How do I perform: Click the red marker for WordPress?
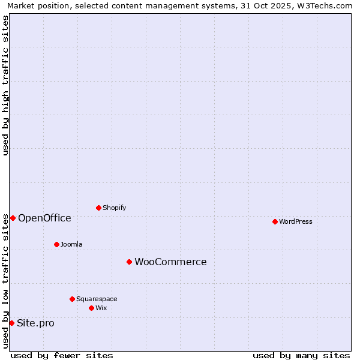(275, 221)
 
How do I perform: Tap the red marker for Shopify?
(98, 208)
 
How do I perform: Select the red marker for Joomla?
(56, 244)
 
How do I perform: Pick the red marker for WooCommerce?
(129, 262)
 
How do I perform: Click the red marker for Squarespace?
(72, 299)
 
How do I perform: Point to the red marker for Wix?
(91, 308)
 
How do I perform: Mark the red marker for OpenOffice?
(13, 218)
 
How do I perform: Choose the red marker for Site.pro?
(11, 323)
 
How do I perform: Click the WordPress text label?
(296, 221)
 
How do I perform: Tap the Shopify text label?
(114, 208)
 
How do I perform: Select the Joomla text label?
(71, 244)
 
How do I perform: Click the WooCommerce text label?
(170, 262)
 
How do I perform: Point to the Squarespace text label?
(97, 299)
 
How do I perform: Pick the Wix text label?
(101, 308)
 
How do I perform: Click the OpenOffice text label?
(44, 218)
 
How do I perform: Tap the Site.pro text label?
(35, 323)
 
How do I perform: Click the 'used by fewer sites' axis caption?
(62, 355)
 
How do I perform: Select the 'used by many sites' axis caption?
(301, 355)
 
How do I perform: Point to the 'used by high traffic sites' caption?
(5, 85)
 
